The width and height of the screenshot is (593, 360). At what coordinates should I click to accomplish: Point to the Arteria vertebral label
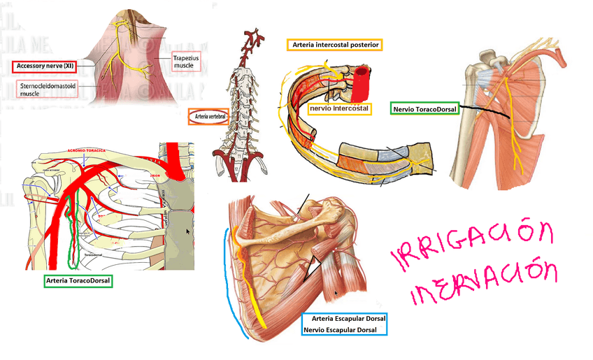tap(208, 116)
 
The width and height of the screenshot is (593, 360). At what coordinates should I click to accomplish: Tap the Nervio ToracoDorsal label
tap(424, 109)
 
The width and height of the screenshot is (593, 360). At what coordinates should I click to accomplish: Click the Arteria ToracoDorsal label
tap(78, 280)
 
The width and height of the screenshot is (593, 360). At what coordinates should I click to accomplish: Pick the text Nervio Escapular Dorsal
tap(344, 329)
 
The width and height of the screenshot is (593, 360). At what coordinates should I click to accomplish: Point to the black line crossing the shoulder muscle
tap(496, 110)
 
